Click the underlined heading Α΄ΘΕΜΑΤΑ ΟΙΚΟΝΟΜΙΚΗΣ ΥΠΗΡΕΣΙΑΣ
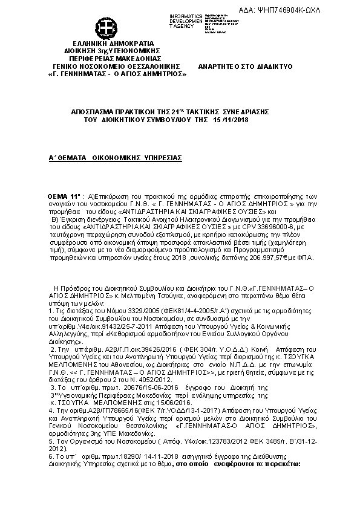115,157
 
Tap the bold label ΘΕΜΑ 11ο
64,198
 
